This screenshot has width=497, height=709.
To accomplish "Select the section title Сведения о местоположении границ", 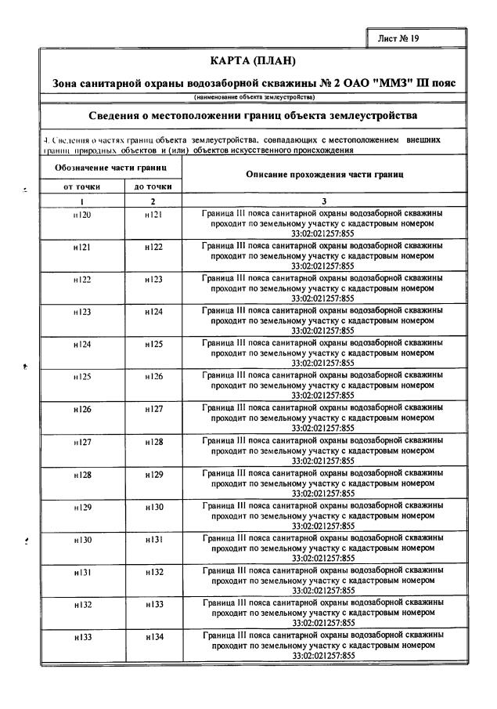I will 253,117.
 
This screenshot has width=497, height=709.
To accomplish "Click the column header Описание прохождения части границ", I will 323,176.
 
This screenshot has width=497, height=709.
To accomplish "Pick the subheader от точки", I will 81,187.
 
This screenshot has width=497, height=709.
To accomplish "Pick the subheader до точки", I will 153,187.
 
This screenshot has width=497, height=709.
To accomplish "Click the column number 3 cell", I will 323,201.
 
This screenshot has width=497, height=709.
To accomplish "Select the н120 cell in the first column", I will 81,214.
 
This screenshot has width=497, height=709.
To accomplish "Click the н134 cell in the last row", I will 153,638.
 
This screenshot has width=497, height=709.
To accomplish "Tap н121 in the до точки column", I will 153,214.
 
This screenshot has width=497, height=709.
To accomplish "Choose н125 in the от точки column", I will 81,377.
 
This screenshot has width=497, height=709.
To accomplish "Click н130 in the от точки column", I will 81,540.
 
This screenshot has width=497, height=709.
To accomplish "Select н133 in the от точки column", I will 81,638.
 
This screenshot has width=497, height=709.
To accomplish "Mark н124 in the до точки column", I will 153,312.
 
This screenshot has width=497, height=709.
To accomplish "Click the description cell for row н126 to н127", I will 323,418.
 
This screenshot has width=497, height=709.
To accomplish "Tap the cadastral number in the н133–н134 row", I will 323,656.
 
